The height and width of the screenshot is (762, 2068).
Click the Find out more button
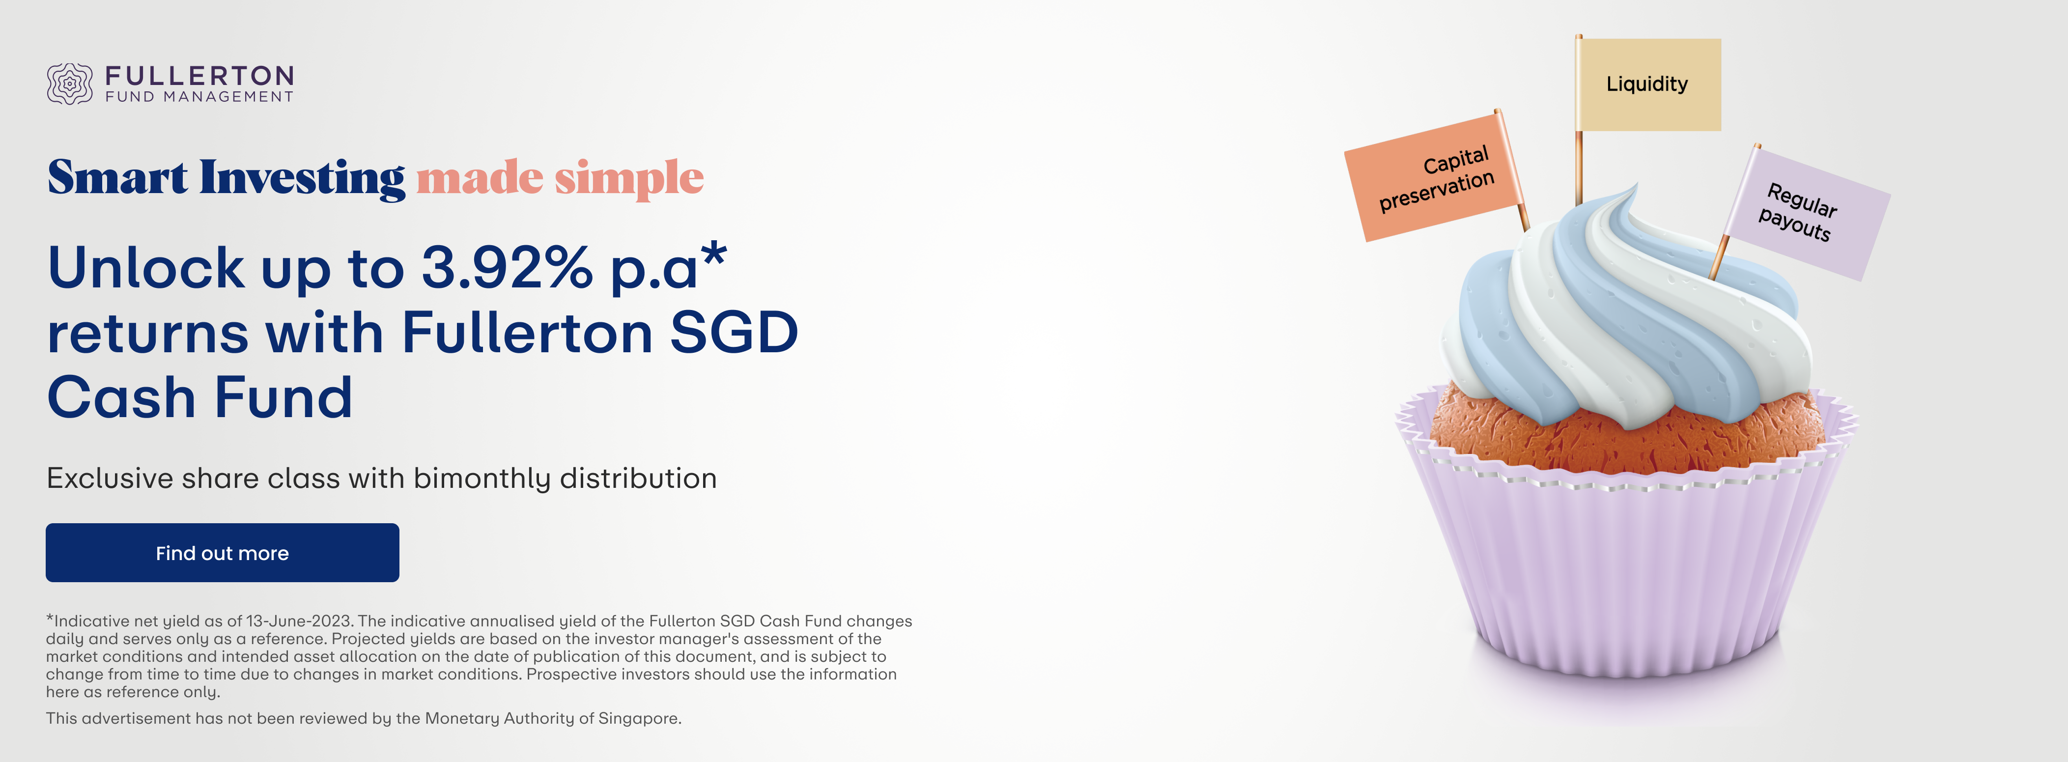[223, 552]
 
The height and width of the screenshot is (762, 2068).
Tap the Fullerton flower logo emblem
[70, 84]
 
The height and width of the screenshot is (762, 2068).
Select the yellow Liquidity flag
[1648, 85]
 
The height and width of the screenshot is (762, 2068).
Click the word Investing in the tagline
[303, 178]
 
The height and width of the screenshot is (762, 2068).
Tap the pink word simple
[629, 178]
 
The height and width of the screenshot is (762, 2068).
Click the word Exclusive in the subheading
[110, 479]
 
